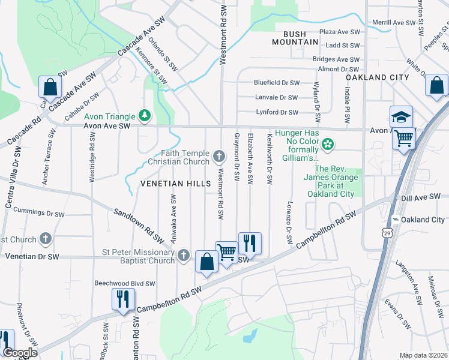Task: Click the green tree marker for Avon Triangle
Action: pyautogui.click(x=143, y=114)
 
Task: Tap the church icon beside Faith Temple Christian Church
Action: pyautogui.click(x=220, y=157)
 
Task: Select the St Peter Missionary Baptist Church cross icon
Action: pyautogui.click(x=184, y=256)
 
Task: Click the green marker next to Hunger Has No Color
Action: pyautogui.click(x=327, y=143)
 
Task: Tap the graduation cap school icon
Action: pyautogui.click(x=401, y=117)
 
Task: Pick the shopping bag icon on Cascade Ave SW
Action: pyautogui.click(x=50, y=88)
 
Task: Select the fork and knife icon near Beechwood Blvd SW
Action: pyautogui.click(x=124, y=299)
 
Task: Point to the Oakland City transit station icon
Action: pyautogui.click(x=395, y=220)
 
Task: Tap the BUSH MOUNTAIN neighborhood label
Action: pyautogui.click(x=294, y=38)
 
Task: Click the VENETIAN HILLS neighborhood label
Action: pyautogui.click(x=175, y=183)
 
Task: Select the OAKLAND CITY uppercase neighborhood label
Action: pyautogui.click(x=377, y=77)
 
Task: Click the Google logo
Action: pyautogui.click(x=20, y=353)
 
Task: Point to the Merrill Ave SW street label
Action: pyautogui.click(x=393, y=23)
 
